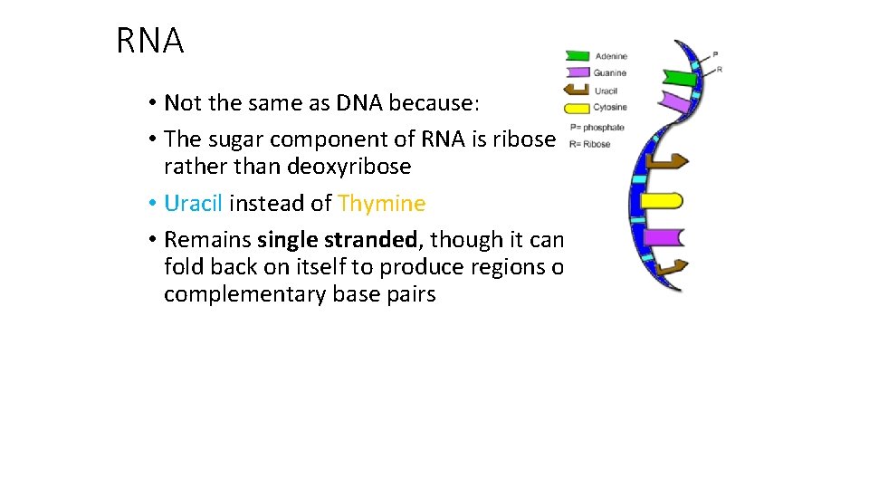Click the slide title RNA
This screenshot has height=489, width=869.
click(x=150, y=42)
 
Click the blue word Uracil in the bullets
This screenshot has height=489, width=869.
click(x=193, y=204)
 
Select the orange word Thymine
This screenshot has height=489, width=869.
click(x=381, y=204)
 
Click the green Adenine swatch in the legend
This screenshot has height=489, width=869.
click(x=578, y=56)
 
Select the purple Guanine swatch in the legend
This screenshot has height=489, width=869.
click(x=578, y=72)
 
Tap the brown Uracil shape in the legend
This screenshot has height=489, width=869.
click(x=578, y=90)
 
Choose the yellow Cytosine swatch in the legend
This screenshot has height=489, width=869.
click(x=578, y=108)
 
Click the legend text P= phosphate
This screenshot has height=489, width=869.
click(x=597, y=128)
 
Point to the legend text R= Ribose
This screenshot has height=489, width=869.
click(x=590, y=144)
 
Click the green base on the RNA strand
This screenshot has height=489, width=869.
click(x=680, y=78)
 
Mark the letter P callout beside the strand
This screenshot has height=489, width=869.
click(x=715, y=54)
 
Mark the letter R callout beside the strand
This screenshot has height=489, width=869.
click(x=719, y=69)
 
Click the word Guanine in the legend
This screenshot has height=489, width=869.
click(x=610, y=72)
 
